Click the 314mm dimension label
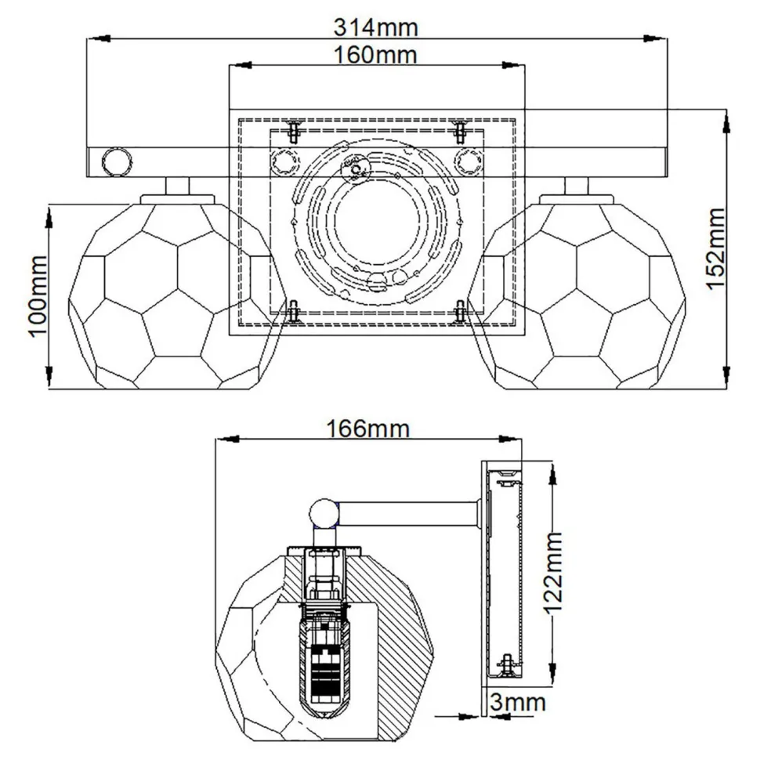pos(376,27)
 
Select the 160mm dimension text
pos(376,55)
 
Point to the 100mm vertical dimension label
pos(39,296)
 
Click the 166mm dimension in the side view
pos(368,429)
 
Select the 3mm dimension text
pos(516,702)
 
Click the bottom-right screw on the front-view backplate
pos(461,311)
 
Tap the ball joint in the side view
pos(324,514)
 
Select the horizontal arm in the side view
pos(407,514)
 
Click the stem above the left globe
pos(177,186)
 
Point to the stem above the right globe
pos(577,186)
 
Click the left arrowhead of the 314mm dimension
pos(92,38)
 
